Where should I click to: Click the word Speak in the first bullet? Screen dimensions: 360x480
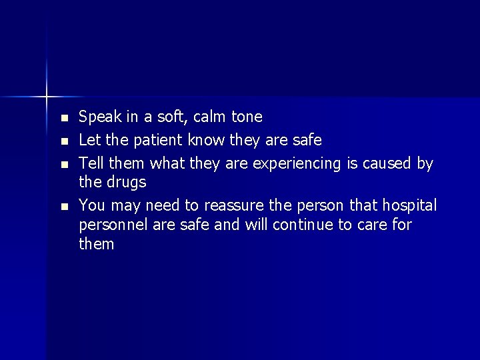(99, 117)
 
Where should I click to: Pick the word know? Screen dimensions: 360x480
(207, 140)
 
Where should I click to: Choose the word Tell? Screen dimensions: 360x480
(91, 163)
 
